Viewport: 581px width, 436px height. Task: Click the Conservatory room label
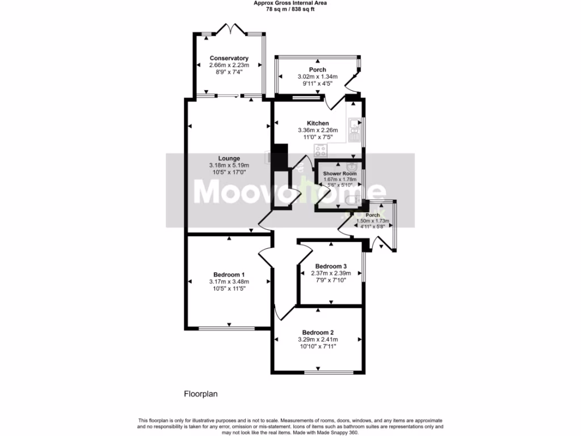tap(229, 58)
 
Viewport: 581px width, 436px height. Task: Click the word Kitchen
tap(318, 123)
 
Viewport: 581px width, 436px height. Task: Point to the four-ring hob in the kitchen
tap(321, 151)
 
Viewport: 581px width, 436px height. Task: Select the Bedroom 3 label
tap(331, 266)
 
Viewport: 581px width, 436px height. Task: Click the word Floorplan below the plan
tap(201, 393)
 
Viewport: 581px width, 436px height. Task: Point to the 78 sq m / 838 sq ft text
tap(290, 9)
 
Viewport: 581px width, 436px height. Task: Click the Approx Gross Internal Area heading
tap(290, 3)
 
